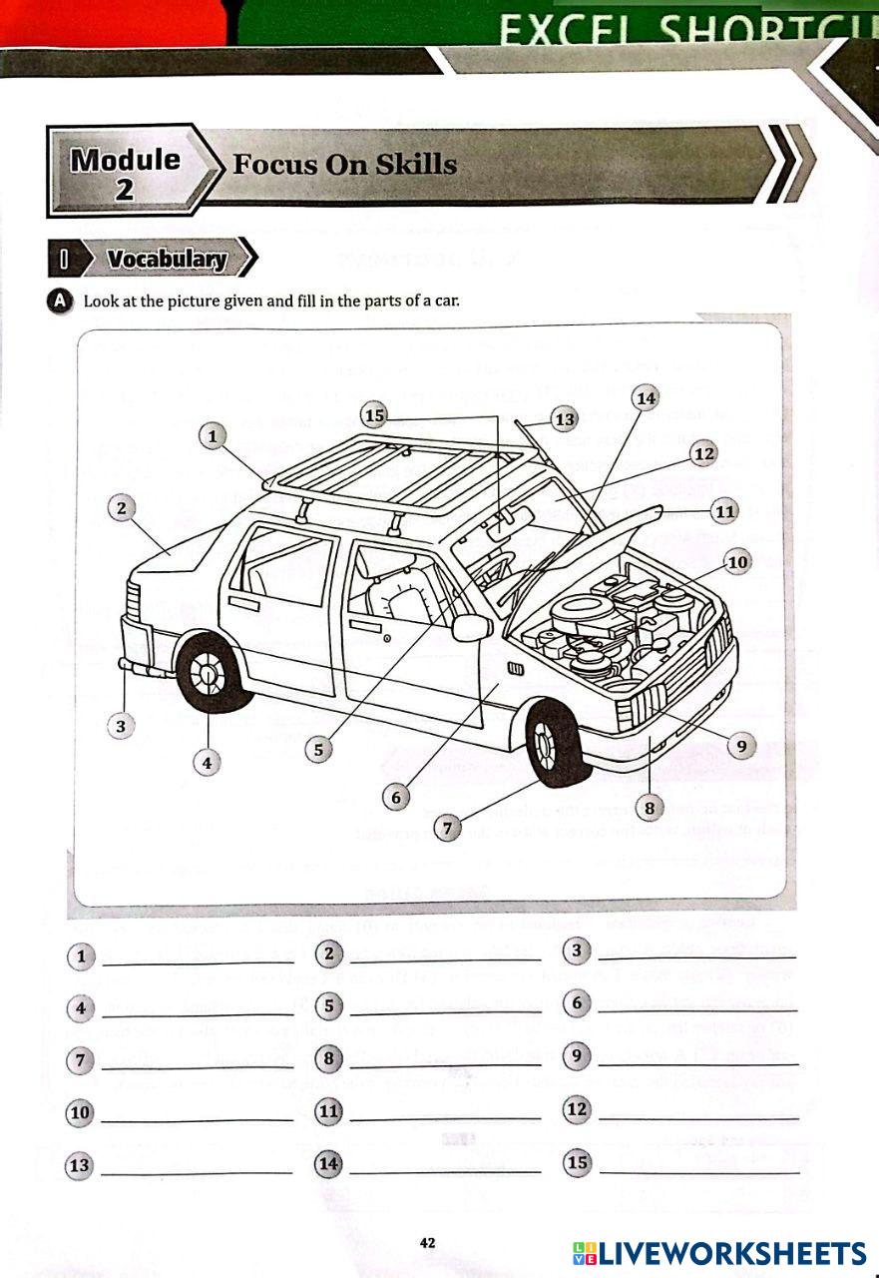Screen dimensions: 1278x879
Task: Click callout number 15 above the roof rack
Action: pyautogui.click(x=374, y=414)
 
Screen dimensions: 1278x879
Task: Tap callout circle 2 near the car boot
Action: pyautogui.click(x=121, y=508)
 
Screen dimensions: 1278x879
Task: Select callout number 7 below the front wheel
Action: pyautogui.click(x=448, y=828)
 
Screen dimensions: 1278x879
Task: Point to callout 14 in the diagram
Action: pyautogui.click(x=646, y=398)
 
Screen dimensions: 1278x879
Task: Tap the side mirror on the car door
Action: pyautogui.click(x=470, y=627)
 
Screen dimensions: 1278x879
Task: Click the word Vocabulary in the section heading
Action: pyautogui.click(x=167, y=260)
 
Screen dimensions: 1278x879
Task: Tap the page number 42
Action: pyautogui.click(x=427, y=1243)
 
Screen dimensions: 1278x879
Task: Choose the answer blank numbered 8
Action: pyautogui.click(x=445, y=1062)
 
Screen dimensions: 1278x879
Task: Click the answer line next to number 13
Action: pyautogui.click(x=197, y=1169)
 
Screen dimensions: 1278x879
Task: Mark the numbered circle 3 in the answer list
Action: pyautogui.click(x=577, y=951)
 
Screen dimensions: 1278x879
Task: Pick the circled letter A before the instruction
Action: pyautogui.click(x=61, y=301)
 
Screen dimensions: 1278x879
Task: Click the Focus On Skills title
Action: pyautogui.click(x=344, y=165)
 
